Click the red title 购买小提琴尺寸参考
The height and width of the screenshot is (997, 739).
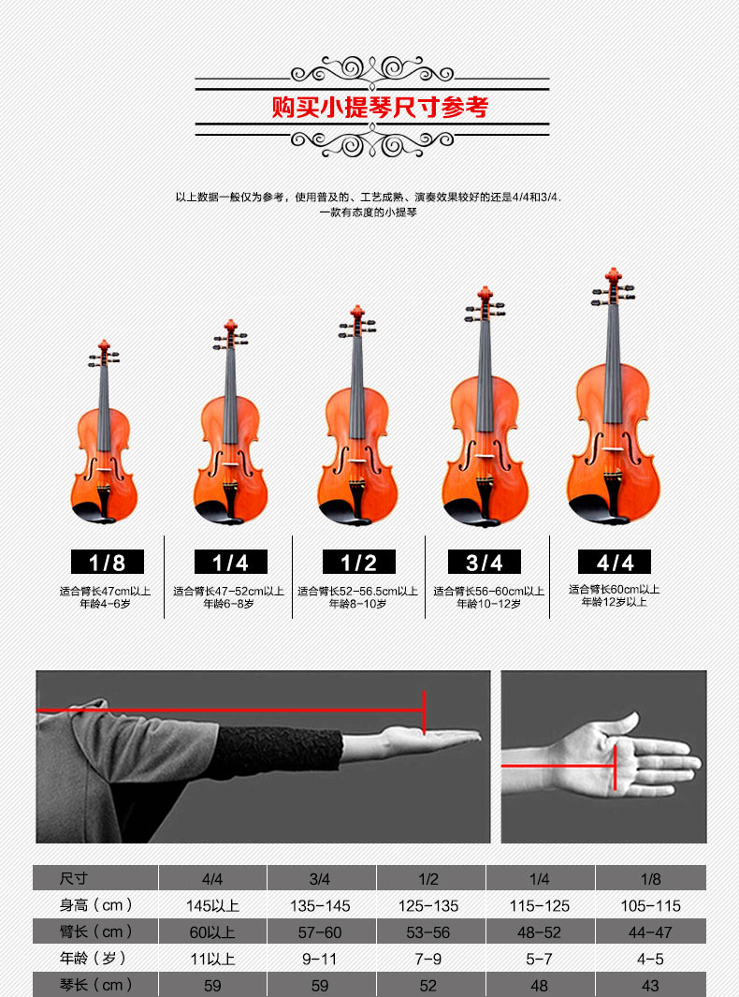point(380,107)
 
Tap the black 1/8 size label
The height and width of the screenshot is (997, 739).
point(108,562)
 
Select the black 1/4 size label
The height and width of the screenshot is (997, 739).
point(231,562)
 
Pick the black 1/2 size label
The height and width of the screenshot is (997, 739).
point(359,562)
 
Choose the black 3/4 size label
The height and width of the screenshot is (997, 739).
point(485,562)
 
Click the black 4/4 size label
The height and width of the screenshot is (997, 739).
point(615,562)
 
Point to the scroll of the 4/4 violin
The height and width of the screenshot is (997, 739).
point(613,275)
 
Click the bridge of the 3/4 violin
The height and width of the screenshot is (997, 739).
point(485,456)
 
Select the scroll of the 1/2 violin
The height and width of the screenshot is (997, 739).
point(357,313)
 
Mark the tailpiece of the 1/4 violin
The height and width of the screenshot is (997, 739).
point(231,499)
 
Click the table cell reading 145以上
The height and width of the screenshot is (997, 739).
point(213,905)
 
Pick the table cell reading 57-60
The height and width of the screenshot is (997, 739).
point(320,932)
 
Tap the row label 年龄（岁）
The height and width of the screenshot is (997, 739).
point(95,959)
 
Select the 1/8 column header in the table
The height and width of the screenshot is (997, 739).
point(651,879)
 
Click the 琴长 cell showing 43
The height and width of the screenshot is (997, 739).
point(650,986)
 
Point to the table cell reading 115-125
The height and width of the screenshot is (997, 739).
point(540,905)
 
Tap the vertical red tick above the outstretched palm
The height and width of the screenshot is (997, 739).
point(424,712)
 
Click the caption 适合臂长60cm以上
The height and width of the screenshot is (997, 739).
point(614,590)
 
